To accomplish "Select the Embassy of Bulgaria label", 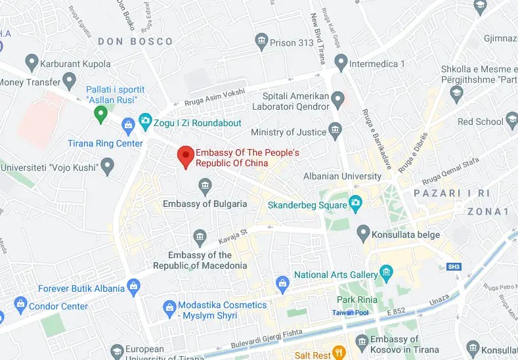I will click(205, 204).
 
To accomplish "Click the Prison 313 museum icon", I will click(262, 43).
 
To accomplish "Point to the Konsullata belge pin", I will click(363, 232).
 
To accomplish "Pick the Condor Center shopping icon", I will click(20, 305).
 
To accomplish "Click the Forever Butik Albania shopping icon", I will click(135, 286).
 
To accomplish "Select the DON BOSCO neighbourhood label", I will click(135, 41).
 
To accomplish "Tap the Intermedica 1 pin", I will click(340, 63).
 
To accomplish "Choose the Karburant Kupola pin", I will click(31, 64).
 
